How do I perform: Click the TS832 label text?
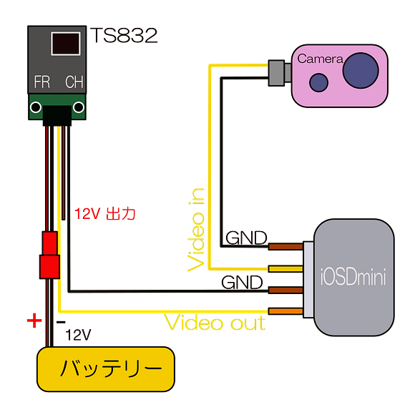click(x=125, y=36)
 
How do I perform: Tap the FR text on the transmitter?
click(x=41, y=82)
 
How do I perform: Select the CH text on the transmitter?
click(x=74, y=82)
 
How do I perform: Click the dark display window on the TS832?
click(x=65, y=43)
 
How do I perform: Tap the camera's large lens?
click(x=361, y=70)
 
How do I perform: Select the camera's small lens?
click(x=318, y=82)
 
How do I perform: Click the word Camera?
click(x=320, y=59)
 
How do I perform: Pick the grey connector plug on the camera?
click(x=277, y=74)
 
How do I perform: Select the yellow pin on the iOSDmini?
click(x=285, y=268)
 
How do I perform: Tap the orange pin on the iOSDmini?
click(x=285, y=311)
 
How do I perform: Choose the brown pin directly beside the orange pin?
click(x=285, y=290)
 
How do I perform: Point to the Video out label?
click(x=215, y=323)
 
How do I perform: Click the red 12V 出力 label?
click(x=104, y=213)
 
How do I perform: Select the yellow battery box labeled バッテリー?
click(x=105, y=369)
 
